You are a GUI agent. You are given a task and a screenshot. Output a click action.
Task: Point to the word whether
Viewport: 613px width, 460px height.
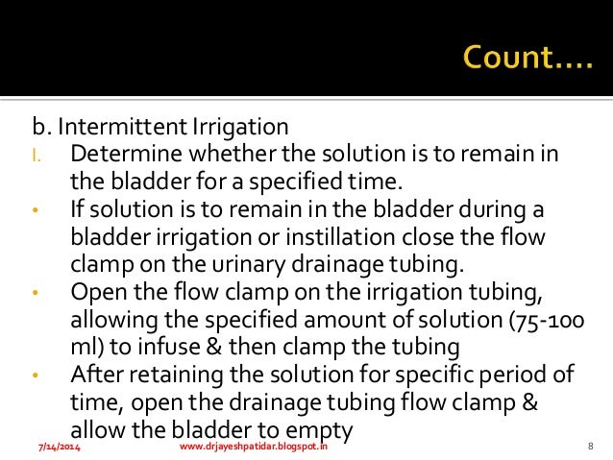click(x=227, y=155)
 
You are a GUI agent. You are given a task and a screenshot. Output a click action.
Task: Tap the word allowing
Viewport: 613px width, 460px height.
click(x=110, y=317)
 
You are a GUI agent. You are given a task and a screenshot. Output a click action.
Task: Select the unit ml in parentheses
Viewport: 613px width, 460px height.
click(x=85, y=344)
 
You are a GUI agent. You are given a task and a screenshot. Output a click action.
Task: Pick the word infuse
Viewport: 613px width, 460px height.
click(x=155, y=344)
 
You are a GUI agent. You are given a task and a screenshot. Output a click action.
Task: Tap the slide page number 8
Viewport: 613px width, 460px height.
click(x=588, y=448)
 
